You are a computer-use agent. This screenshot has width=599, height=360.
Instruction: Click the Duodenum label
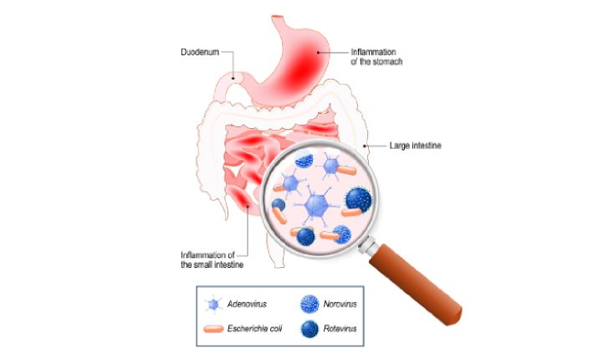200,52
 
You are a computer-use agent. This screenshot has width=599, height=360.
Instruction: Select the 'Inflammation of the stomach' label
376,57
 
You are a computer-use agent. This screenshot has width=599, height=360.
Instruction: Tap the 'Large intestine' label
415,146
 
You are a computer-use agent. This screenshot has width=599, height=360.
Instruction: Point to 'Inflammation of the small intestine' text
212,260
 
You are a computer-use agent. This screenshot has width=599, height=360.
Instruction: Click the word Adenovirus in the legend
247,304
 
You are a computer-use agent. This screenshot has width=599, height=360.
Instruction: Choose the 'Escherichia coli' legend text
254,329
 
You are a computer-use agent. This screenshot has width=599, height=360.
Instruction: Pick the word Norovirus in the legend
340,304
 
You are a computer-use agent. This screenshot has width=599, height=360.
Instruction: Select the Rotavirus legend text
340,329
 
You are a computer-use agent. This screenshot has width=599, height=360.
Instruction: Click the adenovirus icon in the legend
213,305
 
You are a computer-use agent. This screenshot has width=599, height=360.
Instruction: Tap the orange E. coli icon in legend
213,329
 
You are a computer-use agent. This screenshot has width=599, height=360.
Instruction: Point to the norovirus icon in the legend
310,304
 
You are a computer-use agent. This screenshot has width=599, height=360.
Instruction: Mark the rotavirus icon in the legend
310,329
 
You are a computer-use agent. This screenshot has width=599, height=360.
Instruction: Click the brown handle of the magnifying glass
417,285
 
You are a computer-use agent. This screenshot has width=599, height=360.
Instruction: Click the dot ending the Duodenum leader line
233,79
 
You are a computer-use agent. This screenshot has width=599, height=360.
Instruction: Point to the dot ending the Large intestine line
365,146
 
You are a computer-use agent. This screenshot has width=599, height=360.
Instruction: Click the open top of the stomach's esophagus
278,17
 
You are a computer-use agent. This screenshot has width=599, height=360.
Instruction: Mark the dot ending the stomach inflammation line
318,53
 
